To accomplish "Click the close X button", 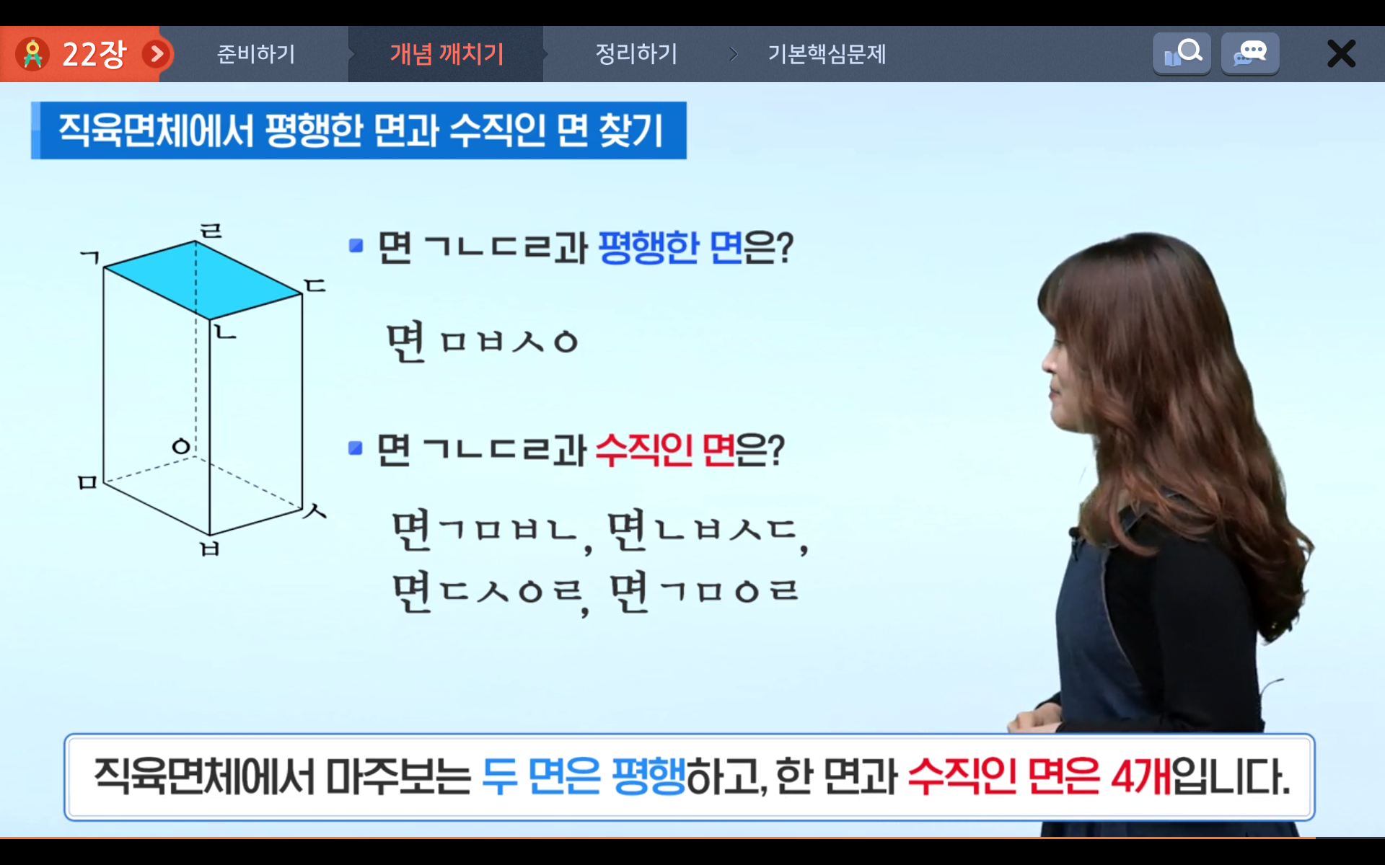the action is coord(1341,54).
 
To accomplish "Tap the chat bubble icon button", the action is coord(1250,53).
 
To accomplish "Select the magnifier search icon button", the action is coord(1182,53).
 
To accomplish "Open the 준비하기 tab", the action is coord(256,54).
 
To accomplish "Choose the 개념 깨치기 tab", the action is coord(447,54).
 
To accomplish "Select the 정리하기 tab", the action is coord(636,54).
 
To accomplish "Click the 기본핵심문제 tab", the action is coord(827,54).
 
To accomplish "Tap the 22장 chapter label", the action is coord(94,54).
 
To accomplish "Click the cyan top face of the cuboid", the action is coord(203,280).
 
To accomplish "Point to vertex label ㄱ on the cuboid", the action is coord(90,257).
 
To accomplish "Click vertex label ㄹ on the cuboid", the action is coord(211,231).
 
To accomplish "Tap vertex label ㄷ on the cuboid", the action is coord(315,285).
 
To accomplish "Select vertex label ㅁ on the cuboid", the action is coord(87,482).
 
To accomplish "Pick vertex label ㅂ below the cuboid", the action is coord(209,549).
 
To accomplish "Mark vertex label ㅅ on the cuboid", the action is coord(315,511).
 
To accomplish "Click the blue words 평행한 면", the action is coord(671,248).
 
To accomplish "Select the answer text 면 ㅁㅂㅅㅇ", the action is coord(483,342).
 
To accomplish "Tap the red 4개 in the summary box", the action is coord(1141,777).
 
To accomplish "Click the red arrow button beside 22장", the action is coord(157,54).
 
